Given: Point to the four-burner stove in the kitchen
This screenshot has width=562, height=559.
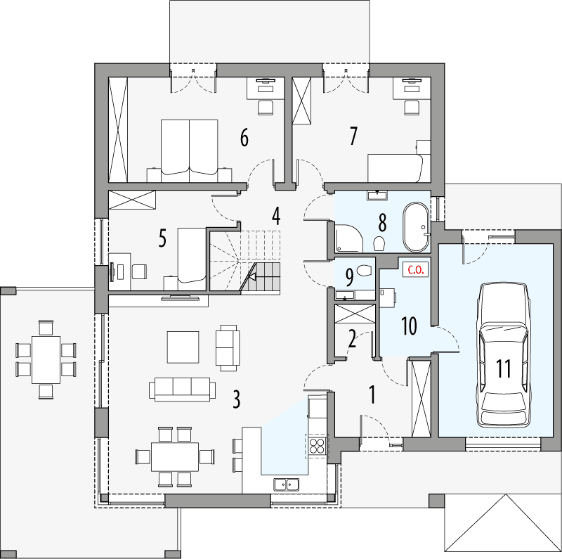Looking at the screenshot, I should [317, 445].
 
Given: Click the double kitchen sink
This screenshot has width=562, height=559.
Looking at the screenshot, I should [286, 483].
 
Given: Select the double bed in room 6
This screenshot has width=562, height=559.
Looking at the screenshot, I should [190, 146].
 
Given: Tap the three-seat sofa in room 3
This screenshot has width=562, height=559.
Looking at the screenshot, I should [182, 389].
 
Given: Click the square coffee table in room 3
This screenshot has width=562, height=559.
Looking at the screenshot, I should [183, 345].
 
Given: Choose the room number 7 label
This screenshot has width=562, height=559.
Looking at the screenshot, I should [353, 136].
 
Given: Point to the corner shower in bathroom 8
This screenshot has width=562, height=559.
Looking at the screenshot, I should [349, 237].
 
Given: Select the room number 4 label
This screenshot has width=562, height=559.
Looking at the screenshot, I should [276, 216].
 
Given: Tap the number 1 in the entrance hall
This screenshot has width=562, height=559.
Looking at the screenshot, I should [372, 394].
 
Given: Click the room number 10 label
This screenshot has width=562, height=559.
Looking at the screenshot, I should [408, 325].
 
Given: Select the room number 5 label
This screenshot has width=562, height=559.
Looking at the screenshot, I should [162, 238].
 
